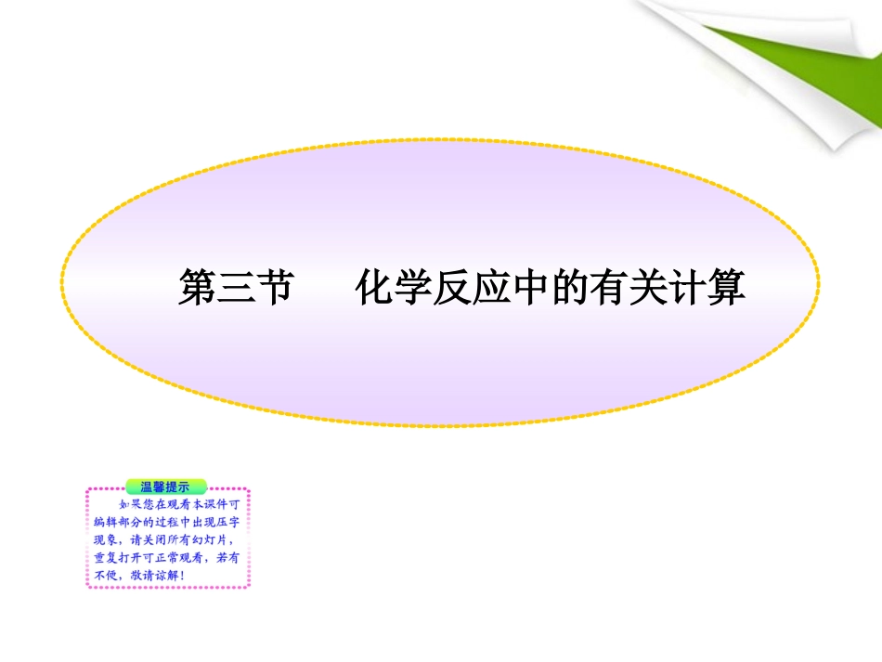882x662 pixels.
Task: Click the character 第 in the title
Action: coord(197,289)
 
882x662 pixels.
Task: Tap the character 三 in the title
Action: coord(236,289)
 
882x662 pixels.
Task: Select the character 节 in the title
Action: coord(275,289)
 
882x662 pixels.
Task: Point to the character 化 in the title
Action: coord(375,289)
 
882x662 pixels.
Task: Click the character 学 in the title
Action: coord(414,289)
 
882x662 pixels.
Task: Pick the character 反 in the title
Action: coord(453,289)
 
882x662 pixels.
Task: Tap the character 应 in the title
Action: coord(493,289)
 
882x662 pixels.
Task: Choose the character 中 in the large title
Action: coord(532,289)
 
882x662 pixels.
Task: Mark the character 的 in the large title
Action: coord(571,289)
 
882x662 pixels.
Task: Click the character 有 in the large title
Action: coord(610,289)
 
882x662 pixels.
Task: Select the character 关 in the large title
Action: coord(649,289)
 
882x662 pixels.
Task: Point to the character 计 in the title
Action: coord(688,289)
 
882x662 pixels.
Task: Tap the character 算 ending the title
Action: coord(727,289)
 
